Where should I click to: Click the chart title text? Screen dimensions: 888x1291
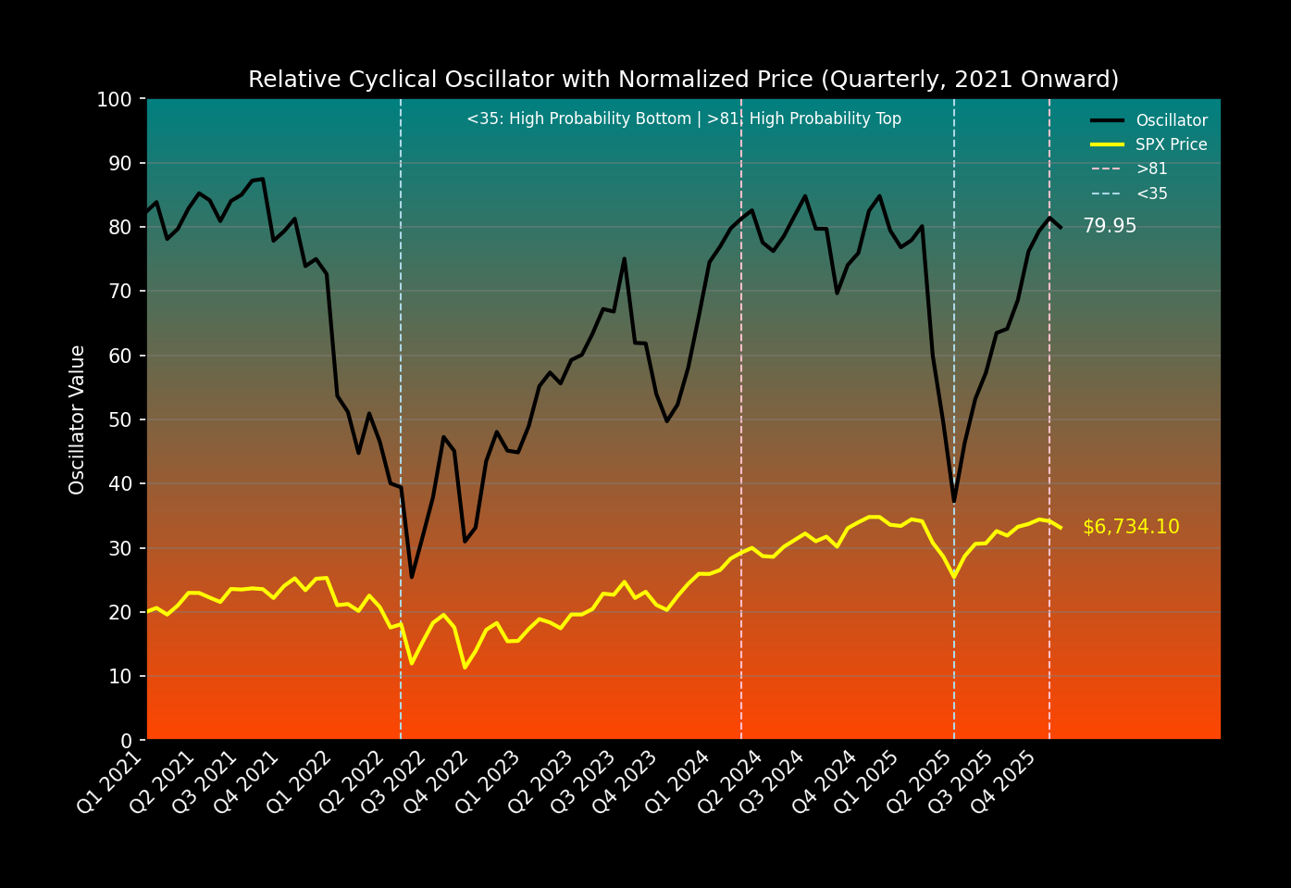683,80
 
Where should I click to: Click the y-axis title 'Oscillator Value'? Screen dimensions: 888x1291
78,419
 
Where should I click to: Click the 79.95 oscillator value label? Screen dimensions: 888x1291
1110,226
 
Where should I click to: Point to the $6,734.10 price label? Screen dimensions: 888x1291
1131,527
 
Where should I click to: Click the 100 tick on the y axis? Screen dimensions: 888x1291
115,99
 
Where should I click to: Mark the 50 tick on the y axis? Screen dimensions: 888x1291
120,419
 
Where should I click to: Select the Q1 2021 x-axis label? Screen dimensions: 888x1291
110,782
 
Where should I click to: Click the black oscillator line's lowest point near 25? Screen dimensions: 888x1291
412,577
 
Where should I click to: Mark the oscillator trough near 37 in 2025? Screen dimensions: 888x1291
953,501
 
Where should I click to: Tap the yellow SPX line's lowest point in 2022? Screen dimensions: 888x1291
465,667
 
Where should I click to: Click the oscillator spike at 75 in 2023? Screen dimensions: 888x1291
624,259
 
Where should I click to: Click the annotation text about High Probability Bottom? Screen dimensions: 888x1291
683,119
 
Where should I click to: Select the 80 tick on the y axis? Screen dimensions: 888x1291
120,227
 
